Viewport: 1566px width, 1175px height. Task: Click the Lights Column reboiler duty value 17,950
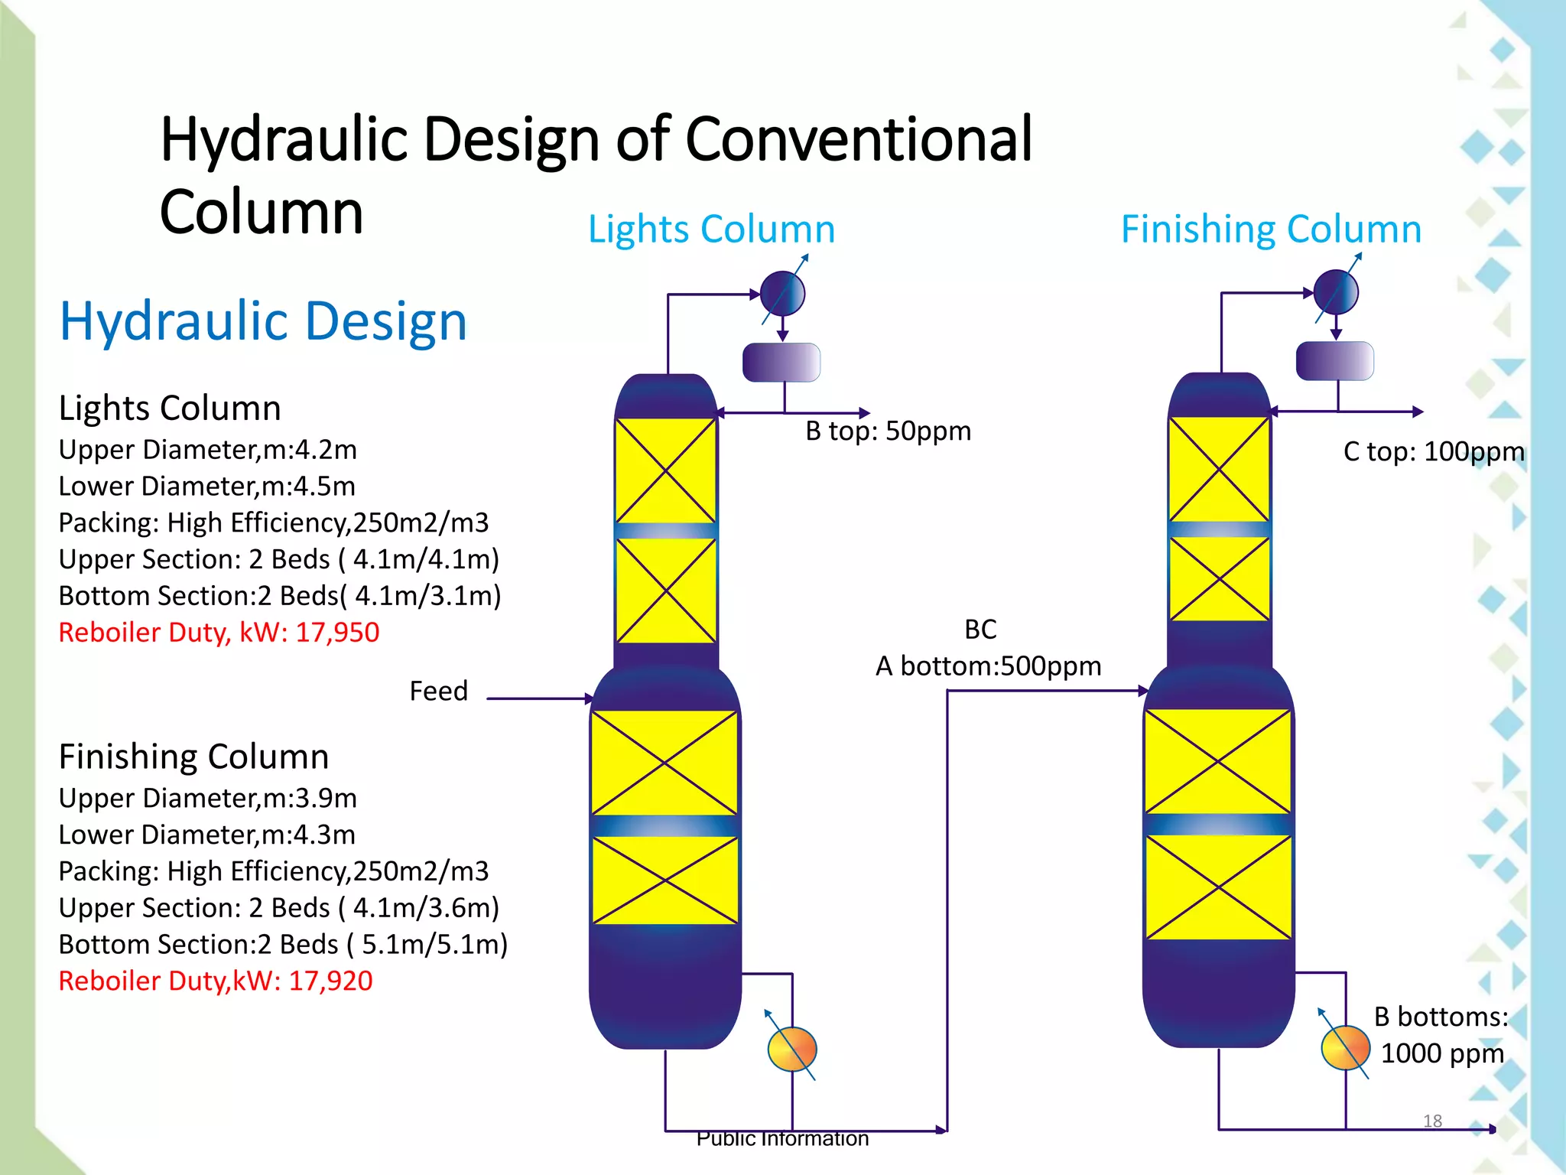(x=337, y=633)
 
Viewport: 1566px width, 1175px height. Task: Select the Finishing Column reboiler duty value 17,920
(x=330, y=981)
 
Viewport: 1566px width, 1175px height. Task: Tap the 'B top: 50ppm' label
(x=888, y=431)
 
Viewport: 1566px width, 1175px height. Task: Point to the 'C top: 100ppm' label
(x=1434, y=452)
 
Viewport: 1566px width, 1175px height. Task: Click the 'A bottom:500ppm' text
(x=988, y=666)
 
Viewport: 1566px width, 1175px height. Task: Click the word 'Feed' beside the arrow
(x=438, y=692)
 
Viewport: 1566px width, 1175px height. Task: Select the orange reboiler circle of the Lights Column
(x=792, y=1049)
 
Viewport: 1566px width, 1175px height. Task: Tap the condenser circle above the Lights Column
(x=783, y=294)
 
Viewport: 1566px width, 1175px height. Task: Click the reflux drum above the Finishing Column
(x=1335, y=361)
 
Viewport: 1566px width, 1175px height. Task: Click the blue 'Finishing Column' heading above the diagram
(x=1271, y=229)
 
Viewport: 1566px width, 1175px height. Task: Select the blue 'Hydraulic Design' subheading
(x=263, y=321)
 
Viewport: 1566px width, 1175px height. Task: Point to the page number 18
(x=1432, y=1121)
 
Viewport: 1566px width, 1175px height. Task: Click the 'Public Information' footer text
(x=782, y=1139)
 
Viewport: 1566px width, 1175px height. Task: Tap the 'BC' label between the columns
(x=980, y=630)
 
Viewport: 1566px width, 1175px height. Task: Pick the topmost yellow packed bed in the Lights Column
(x=666, y=470)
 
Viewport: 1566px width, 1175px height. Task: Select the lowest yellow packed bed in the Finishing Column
(x=1218, y=887)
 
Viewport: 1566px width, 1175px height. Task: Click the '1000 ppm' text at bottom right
(x=1441, y=1054)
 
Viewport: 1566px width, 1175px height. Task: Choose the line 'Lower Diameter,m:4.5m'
(x=207, y=487)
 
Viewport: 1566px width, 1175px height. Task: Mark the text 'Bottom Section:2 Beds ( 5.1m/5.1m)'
(x=283, y=945)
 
